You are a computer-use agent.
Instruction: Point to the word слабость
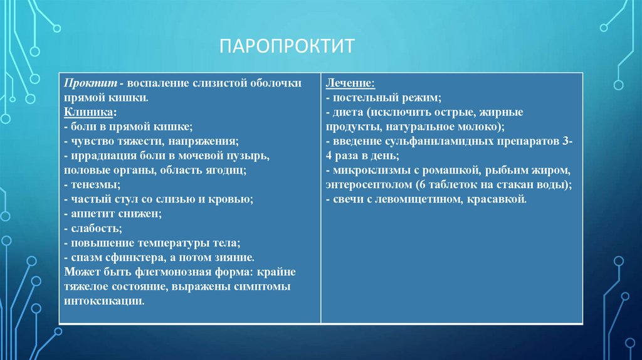(94, 228)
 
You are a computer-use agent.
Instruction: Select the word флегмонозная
(154, 272)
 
